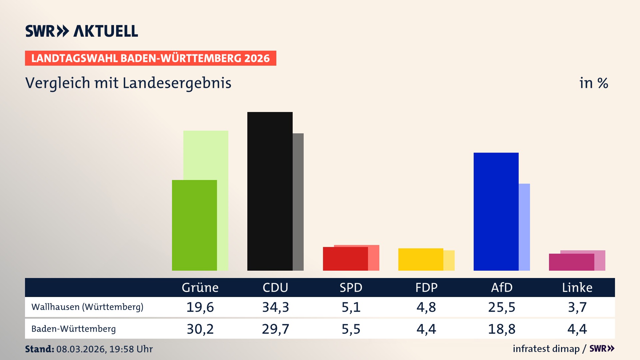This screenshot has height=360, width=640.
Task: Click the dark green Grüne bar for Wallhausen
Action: tap(194, 225)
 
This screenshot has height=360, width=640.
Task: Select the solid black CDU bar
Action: tap(270, 191)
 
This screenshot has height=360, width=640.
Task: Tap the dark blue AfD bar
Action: tap(496, 211)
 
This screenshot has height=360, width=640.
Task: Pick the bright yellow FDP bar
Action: tap(420, 259)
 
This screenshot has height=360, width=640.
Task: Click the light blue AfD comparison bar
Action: tap(524, 227)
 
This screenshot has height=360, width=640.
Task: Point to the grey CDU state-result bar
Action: tap(298, 202)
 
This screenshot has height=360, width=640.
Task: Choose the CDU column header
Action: tap(275, 288)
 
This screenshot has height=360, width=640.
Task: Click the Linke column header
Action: tap(577, 288)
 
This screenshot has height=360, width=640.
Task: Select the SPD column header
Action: tap(351, 288)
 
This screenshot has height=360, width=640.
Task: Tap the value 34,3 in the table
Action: tap(275, 307)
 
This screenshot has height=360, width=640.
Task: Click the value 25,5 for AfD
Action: tap(501, 307)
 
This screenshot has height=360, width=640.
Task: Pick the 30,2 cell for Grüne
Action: tap(200, 329)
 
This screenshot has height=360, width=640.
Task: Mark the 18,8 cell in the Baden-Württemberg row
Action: tap(501, 329)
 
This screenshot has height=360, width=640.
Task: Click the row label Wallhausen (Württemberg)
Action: tap(87, 307)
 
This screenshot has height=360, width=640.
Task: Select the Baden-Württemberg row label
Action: tap(74, 329)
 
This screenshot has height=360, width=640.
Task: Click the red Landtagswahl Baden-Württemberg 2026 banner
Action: tap(150, 58)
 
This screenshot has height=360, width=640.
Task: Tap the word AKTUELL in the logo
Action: tap(106, 31)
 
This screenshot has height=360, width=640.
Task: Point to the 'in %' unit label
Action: tap(593, 83)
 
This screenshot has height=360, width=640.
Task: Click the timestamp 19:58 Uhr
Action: tap(131, 349)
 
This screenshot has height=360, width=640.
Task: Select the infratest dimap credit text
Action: tap(546, 349)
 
